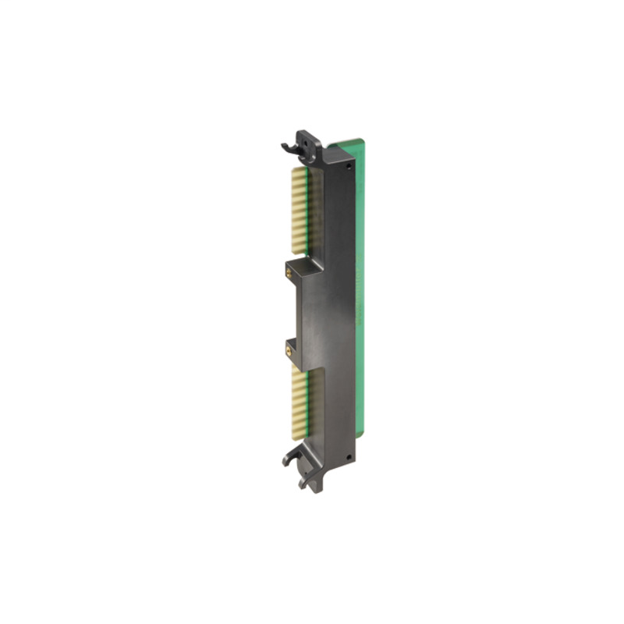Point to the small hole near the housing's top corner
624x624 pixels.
point(350,165)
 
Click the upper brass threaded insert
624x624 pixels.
point(291,272)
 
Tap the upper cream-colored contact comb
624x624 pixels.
point(299,211)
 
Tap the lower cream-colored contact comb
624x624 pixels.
point(299,406)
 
